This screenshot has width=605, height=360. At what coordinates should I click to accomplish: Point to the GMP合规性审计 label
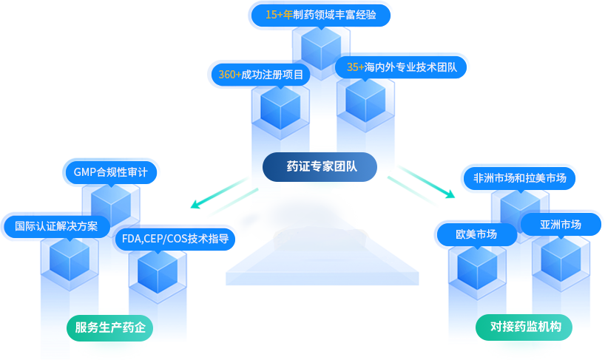tap(110, 172)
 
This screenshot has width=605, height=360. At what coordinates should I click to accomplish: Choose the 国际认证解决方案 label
tap(56, 225)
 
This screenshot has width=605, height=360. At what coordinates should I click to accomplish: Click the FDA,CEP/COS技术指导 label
tap(175, 238)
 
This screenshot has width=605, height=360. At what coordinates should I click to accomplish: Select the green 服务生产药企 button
tap(110, 326)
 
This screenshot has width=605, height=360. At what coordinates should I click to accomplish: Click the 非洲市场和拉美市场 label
tap(519, 178)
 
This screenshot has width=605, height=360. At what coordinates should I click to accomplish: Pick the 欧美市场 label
tap(476, 234)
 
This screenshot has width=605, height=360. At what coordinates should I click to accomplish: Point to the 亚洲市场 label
tap(560, 225)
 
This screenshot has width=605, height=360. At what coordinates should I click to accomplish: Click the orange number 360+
tap(229, 75)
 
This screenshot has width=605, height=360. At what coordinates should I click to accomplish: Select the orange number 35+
tap(355, 67)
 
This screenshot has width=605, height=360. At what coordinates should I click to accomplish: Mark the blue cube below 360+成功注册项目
tap(280, 112)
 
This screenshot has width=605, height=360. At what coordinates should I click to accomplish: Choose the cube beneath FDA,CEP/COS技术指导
tap(157, 274)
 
